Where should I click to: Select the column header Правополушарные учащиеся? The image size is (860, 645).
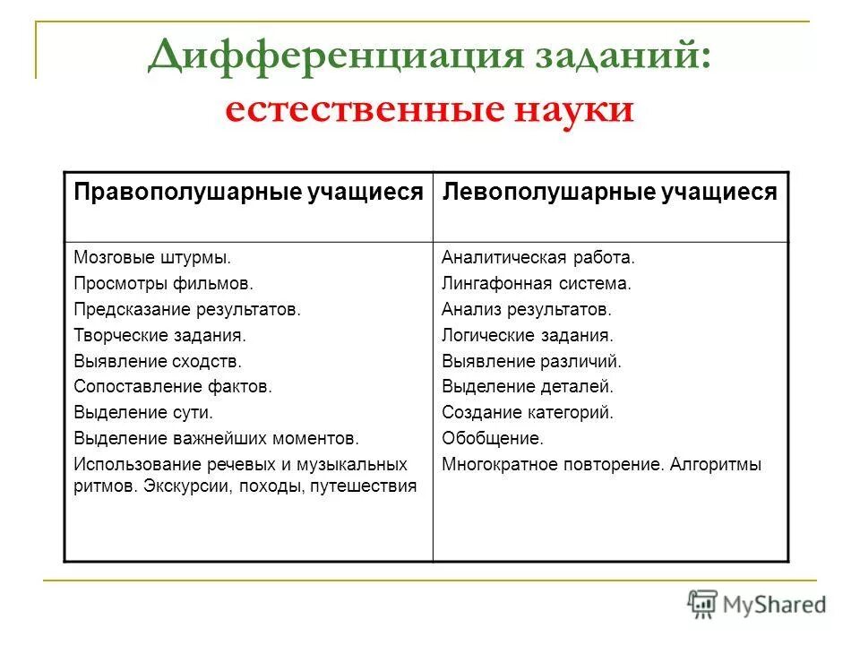point(248,193)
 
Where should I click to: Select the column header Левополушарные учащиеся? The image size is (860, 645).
point(611,193)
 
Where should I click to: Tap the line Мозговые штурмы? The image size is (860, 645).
point(152,258)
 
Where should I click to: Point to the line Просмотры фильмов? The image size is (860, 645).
point(164,284)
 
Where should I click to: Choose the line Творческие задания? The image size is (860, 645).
point(159,336)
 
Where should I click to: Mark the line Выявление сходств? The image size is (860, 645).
point(158,362)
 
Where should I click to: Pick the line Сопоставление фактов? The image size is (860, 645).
point(172,387)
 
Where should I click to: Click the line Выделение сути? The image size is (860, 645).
point(143,413)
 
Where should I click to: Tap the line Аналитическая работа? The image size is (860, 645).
point(537,258)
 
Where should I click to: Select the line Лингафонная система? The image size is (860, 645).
point(537,284)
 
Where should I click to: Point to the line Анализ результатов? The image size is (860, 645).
point(526,310)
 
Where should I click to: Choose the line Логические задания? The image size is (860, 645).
point(528,336)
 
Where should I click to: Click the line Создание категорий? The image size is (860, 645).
point(528,413)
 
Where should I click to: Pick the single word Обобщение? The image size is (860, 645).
point(492,439)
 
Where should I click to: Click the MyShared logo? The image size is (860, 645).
point(757,603)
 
